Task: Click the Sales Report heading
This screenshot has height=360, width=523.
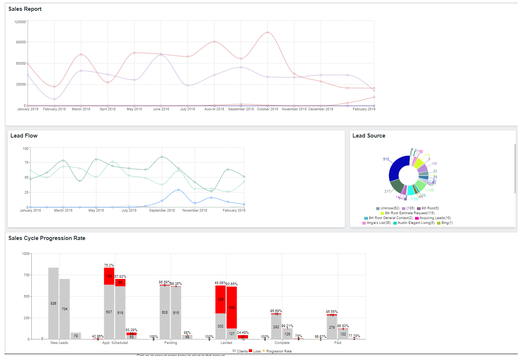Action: click(x=25, y=9)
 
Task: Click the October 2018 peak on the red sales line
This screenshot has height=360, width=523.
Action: click(x=267, y=33)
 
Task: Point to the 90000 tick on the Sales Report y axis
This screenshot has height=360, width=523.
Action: click(x=21, y=42)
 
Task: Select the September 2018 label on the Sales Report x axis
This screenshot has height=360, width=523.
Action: click(x=241, y=109)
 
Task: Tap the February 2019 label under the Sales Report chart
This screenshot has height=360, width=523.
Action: click(x=363, y=109)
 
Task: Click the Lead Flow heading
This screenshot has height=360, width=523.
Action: click(x=24, y=136)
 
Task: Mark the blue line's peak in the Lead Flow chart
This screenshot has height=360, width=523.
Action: click(x=179, y=190)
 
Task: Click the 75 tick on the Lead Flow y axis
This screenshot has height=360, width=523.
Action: click(x=26, y=163)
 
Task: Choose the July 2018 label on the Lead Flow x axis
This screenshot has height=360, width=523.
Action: click(x=129, y=210)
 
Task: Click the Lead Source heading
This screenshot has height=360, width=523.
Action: click(x=369, y=136)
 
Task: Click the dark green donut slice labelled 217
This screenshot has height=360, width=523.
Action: click(x=397, y=185)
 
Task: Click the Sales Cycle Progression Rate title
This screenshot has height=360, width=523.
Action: click(x=47, y=238)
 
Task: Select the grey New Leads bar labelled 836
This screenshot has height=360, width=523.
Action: click(x=53, y=303)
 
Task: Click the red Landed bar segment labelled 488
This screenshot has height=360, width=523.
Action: click(x=232, y=307)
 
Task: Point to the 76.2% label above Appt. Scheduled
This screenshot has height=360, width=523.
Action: click(x=109, y=265)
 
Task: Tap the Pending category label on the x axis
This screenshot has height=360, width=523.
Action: click(x=171, y=343)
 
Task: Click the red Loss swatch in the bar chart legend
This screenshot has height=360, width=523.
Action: click(x=251, y=351)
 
